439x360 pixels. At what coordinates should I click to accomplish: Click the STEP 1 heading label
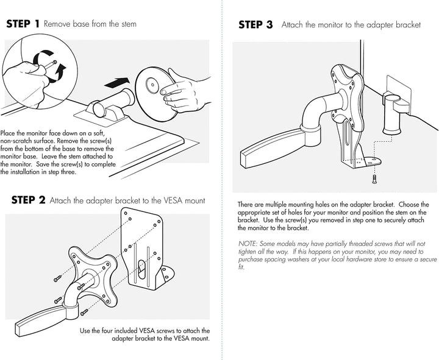23,24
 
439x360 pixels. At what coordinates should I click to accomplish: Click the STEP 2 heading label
28,200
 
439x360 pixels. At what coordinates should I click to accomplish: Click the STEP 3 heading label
255,25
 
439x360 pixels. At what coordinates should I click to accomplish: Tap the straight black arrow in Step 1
116,82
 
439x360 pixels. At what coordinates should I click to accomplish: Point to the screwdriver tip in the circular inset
55,62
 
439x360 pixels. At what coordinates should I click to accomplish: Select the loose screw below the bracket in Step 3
374,179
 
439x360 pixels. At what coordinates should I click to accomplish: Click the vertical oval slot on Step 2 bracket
142,270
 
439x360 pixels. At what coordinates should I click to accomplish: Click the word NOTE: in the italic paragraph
248,244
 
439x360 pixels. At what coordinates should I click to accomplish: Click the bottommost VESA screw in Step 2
84,312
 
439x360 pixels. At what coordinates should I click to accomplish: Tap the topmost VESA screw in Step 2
58,278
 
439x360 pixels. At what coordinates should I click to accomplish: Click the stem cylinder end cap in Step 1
99,110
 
